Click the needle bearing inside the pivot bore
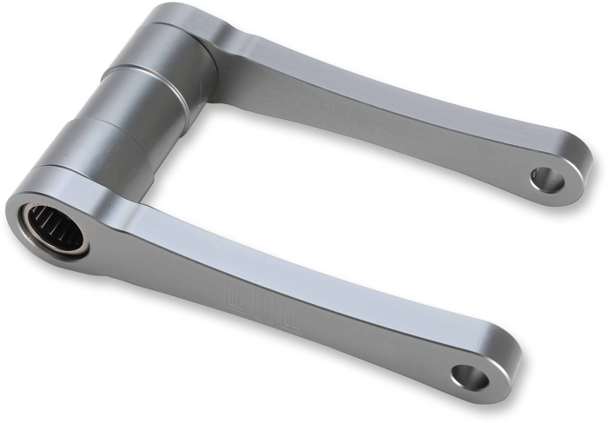pos(54,228)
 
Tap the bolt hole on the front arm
pos(470,376)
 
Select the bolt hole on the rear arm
pos(546,180)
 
